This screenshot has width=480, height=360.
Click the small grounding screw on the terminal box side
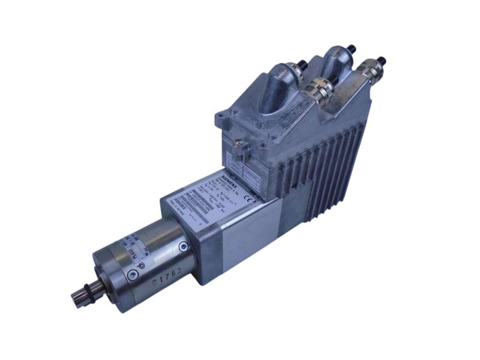[x=238, y=145]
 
